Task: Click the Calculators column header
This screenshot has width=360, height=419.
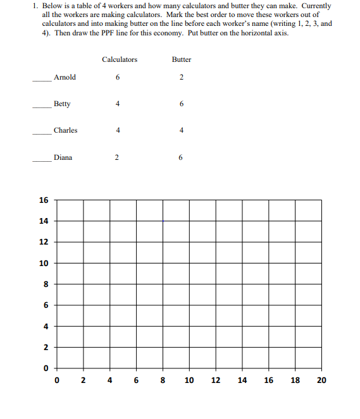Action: point(119,59)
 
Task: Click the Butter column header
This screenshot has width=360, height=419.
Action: point(181,59)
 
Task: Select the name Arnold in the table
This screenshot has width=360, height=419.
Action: point(65,77)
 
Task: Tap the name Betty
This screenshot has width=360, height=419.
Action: point(62,104)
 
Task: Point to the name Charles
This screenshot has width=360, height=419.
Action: point(65,130)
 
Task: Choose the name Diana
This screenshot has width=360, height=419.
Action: point(63,157)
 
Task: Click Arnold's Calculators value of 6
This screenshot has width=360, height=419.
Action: point(118,78)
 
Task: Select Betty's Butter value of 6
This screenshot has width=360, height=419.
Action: point(181,104)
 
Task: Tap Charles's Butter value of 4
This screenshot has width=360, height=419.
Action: point(181,131)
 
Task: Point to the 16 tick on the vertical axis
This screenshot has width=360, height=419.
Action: point(43,200)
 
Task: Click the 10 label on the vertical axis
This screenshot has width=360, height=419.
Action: point(43,263)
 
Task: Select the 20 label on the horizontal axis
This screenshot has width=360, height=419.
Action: point(321,380)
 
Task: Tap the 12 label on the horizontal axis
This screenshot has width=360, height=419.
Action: point(216,380)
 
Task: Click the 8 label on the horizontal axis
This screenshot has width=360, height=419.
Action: point(163,380)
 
